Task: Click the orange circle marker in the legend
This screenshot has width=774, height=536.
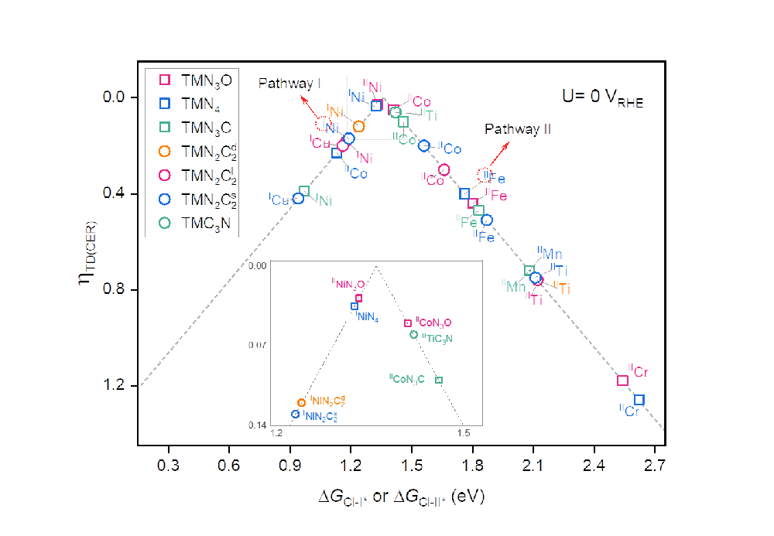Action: [x=165, y=152]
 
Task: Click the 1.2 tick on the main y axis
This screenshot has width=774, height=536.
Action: [x=114, y=386]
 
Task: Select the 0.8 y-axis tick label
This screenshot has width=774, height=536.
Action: [x=114, y=290]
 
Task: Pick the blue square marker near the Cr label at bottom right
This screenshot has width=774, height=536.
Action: [x=639, y=400]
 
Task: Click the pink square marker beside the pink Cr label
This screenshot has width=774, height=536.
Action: [x=622, y=380]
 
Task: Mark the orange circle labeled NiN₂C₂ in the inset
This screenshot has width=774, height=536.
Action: [x=301, y=403]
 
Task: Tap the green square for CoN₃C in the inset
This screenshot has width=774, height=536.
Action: [x=439, y=380]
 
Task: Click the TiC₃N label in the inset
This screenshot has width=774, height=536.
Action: [x=437, y=338]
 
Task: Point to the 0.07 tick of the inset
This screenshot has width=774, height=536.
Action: [x=257, y=343]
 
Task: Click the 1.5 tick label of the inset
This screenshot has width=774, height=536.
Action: [x=462, y=433]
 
